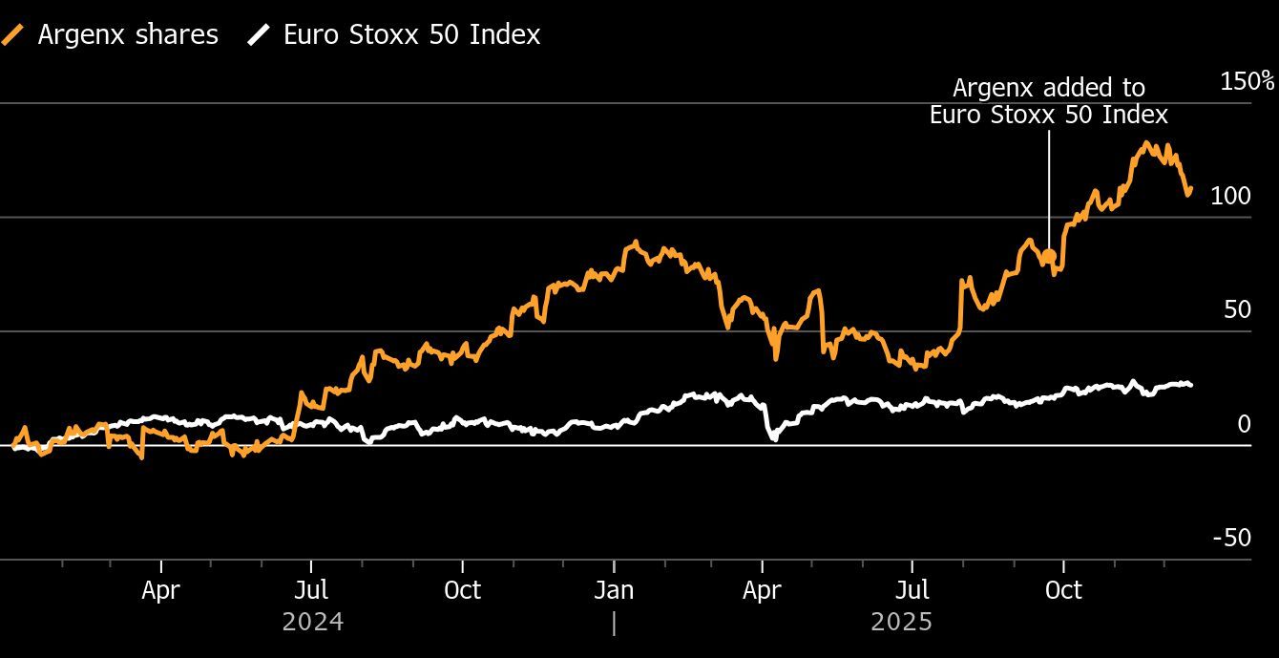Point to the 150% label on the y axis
coord(1248,81)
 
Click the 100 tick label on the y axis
coord(1229,196)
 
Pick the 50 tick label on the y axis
coord(1236,309)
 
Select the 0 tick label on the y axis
coord(1244,424)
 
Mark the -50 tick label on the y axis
coord(1231,538)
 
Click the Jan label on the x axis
coord(614,590)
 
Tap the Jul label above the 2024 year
coord(311,590)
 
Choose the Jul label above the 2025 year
coord(913,590)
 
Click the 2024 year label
coord(313,622)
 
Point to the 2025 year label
coord(901,622)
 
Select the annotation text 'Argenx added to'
coord(1049,88)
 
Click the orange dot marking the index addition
coord(1049,256)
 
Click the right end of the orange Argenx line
coord(1189,189)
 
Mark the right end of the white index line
coord(1190,385)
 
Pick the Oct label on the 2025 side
coord(1063,590)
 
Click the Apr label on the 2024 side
coord(160,590)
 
